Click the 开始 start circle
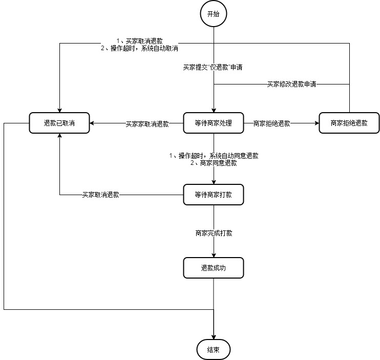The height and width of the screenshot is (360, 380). tap(213, 14)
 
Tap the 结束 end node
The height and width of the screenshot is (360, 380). tap(213, 350)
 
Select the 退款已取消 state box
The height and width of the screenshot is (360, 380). tap(60, 123)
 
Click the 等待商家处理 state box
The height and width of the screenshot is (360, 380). tap(214, 123)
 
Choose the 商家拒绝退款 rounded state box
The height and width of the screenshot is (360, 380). tap(349, 123)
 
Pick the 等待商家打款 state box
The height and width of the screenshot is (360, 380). tap(214, 195)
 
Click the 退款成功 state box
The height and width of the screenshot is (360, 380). tap(214, 268)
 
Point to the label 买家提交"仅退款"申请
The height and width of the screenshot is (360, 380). tap(213, 67)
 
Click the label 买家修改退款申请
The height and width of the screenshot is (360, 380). tap(291, 84)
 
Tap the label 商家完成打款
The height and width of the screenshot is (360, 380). tap(214, 233)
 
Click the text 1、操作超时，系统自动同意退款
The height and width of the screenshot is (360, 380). tap(214, 156)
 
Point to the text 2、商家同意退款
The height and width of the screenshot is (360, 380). tap(214, 163)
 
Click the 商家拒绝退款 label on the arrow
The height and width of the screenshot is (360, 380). tap(271, 123)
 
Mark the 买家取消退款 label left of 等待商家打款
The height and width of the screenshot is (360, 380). tap(101, 195)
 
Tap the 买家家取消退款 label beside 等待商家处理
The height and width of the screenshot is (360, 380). tap(147, 124)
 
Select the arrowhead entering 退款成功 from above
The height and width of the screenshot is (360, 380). tap(214, 255)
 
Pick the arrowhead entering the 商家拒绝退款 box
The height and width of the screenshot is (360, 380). tap(315, 123)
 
